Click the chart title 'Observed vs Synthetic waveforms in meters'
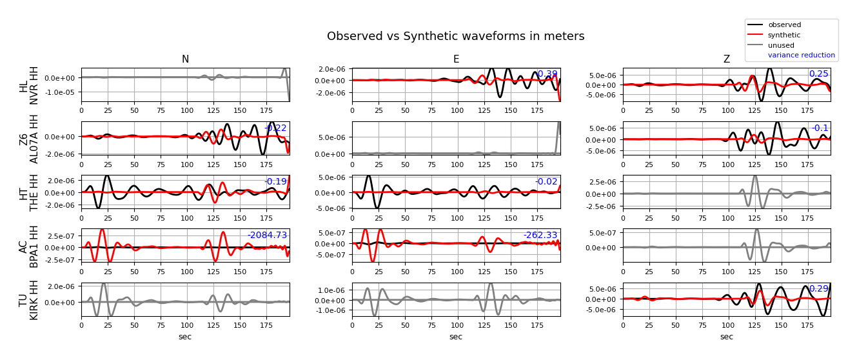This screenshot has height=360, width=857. click(455, 37)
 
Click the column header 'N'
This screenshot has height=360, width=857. click(185, 60)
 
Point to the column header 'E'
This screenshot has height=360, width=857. click(456, 60)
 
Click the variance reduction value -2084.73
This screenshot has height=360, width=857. click(267, 235)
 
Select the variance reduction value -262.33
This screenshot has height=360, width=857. click(540, 235)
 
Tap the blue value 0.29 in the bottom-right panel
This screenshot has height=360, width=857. click(818, 289)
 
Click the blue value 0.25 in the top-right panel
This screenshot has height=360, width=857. click(818, 74)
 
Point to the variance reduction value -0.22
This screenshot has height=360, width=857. click(275, 128)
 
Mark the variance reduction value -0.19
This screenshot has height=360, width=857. click(275, 182)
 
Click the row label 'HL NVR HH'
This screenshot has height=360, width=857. click(29, 85)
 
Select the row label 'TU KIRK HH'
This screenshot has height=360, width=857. click(29, 300)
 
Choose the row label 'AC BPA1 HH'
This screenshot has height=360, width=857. click(29, 246)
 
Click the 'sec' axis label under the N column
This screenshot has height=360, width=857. click(185, 337)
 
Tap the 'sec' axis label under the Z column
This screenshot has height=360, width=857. click(727, 337)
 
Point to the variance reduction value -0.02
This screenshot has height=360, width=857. click(546, 182)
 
